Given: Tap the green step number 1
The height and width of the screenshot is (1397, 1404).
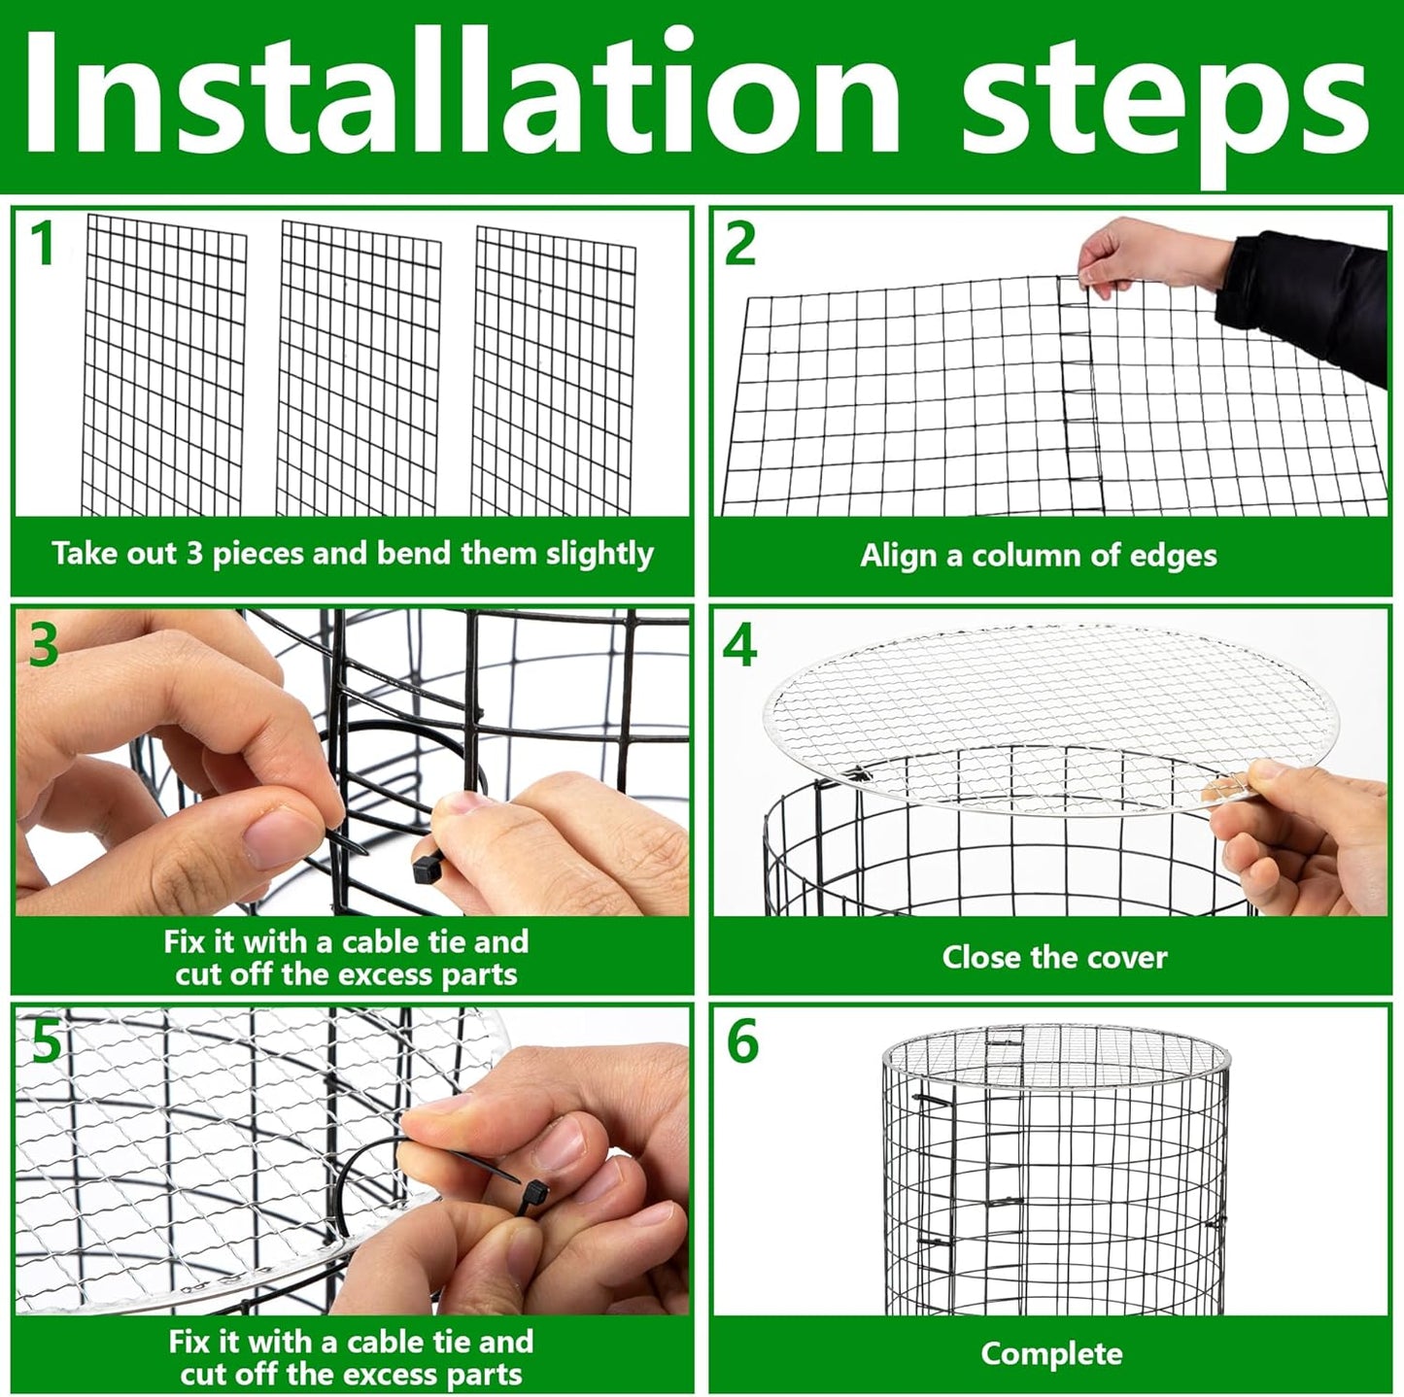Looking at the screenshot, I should coord(42,244).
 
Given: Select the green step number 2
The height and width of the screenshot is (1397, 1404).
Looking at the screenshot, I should coord(740,244).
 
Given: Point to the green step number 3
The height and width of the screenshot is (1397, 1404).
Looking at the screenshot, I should coord(43,644).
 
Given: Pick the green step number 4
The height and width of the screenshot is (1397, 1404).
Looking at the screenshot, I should coord(740,645).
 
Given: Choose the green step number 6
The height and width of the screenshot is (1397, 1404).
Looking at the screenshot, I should coord(742,1042).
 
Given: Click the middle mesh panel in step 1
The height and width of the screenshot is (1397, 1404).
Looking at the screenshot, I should coord(360,369).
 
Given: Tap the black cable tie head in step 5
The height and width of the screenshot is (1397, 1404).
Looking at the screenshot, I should coord(534,1193).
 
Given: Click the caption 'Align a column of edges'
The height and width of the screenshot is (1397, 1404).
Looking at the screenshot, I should coord(1038,556).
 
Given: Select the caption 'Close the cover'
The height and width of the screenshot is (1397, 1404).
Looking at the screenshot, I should coord(1054,957).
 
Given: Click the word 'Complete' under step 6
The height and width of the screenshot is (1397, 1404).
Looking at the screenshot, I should coord(1051,1353).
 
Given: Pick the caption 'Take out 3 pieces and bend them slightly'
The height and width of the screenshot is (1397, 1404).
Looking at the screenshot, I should coord(352,554).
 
